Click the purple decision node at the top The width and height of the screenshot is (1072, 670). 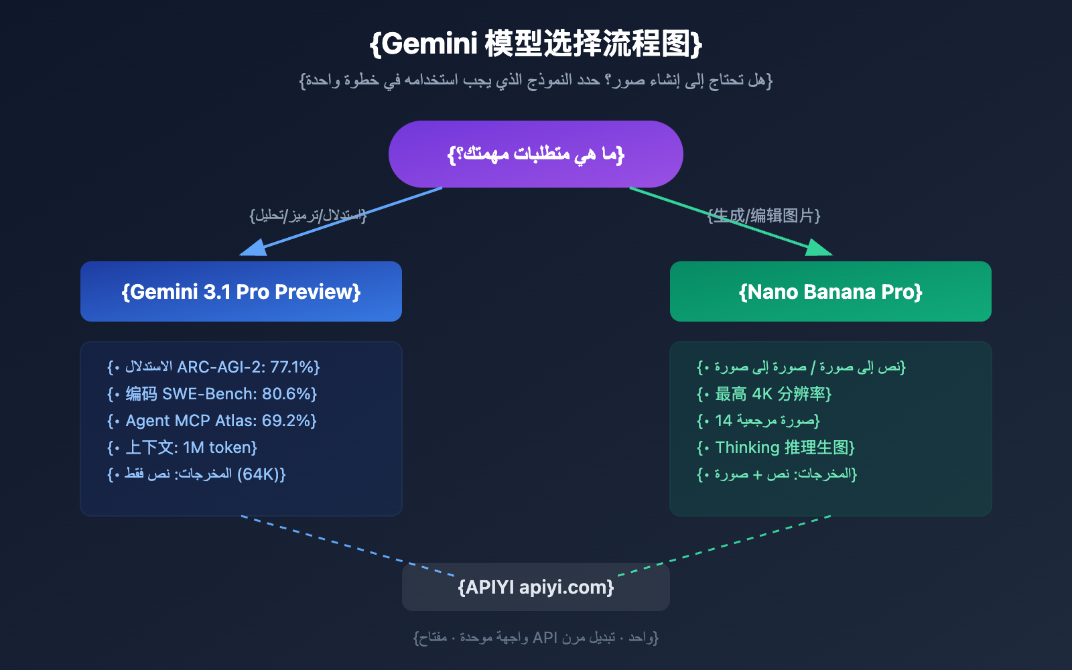pos(536,154)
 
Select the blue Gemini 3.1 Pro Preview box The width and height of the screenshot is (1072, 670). pos(241,291)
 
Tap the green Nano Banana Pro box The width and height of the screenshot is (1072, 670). pos(831,291)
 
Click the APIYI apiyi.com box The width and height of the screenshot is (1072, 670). pos(536,587)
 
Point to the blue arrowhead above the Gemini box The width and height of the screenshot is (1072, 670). pos(255,249)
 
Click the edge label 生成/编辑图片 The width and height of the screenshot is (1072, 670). pos(764,215)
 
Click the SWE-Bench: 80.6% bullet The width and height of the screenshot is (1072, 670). pos(221,394)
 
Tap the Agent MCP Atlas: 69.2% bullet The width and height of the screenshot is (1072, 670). pos(221,421)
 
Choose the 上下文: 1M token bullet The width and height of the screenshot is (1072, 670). pos(191,448)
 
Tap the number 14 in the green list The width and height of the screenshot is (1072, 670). pos(724,421)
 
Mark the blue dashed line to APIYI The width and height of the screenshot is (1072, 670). pos(348,545)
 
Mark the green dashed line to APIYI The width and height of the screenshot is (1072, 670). pos(724,545)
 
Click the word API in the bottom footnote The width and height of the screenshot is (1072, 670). pos(545,637)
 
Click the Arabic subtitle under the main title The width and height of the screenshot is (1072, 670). pos(536,80)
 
